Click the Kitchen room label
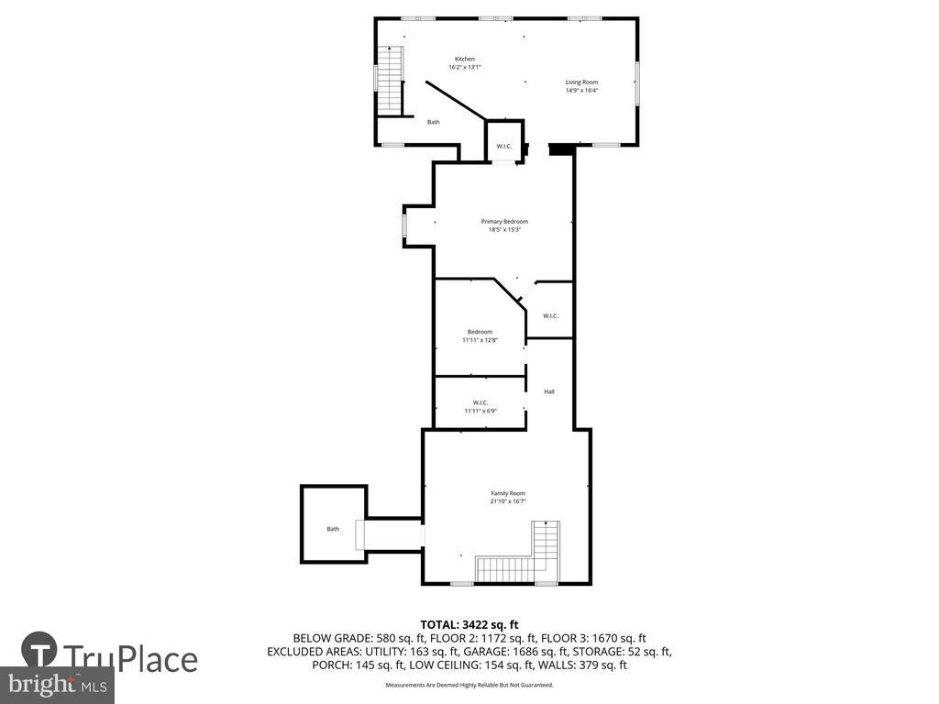click(465, 59)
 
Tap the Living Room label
click(581, 82)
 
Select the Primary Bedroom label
click(504, 221)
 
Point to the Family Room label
click(507, 493)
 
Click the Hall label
click(549, 391)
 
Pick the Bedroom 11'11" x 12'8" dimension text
click(480, 340)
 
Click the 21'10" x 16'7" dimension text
click(507, 501)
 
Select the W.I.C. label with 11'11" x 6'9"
click(480, 402)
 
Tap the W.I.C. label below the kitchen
click(503, 147)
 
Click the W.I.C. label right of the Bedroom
click(550, 316)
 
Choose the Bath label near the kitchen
click(433, 122)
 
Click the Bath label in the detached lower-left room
click(333, 529)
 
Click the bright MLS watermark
click(57, 684)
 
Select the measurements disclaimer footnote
click(469, 685)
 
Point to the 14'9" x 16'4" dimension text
click(581, 91)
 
